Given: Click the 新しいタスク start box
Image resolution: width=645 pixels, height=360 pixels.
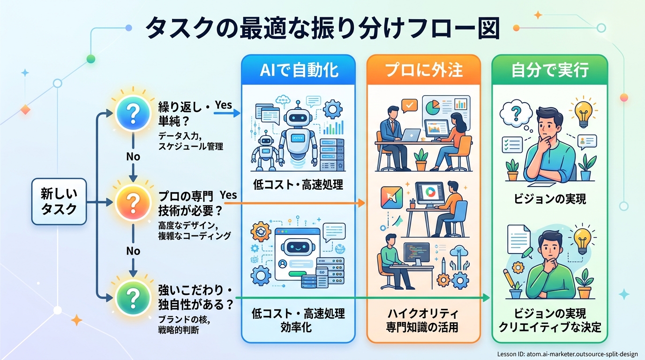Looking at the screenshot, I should tap(59, 202).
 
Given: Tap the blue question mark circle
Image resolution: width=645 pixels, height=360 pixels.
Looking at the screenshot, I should tap(133, 112).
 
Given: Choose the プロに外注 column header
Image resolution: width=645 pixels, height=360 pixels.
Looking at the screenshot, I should tap(424, 70).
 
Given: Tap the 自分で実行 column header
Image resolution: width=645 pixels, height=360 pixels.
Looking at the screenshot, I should tap(549, 70).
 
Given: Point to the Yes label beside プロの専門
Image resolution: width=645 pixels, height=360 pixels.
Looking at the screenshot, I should tap(228, 195).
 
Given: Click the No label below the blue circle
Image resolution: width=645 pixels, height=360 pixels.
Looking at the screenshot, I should tap(133, 157).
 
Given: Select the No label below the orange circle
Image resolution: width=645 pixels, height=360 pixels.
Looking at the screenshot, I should tap(133, 251).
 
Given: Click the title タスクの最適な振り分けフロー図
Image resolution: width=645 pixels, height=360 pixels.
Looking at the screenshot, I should tap(322, 29).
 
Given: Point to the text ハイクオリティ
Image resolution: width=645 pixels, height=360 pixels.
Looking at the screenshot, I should tap(424, 313).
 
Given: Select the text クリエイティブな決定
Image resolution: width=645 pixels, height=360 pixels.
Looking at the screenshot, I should tap(549, 327).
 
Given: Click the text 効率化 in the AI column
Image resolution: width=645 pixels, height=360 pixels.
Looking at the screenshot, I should tap(298, 327).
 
